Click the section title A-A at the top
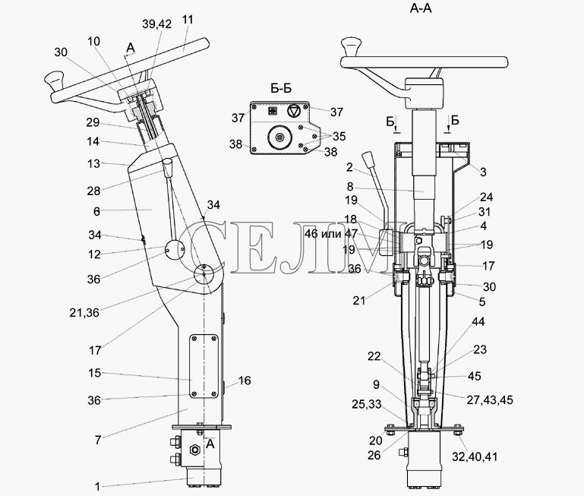point(421,8)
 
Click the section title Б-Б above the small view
point(281,89)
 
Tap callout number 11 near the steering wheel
point(188,20)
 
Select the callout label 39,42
point(156,24)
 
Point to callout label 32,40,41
point(475,457)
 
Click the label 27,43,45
point(490,400)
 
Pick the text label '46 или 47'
point(331,234)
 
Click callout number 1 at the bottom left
point(97,486)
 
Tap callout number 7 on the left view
point(97,440)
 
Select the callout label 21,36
point(84,313)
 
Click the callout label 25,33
point(367,404)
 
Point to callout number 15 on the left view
point(95,373)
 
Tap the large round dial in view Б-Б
point(279,137)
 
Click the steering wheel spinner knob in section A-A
point(351,46)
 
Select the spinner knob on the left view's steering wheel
point(55,82)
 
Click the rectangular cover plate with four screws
point(204,367)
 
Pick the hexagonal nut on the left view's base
point(194,450)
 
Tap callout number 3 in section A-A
point(483,172)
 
